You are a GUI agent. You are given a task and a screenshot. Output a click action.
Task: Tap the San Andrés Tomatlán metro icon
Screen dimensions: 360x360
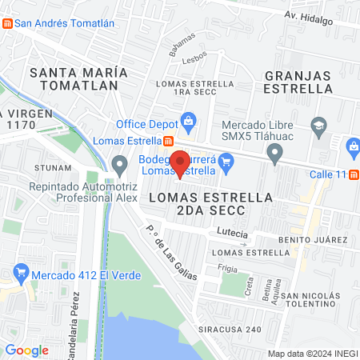tap(8, 23)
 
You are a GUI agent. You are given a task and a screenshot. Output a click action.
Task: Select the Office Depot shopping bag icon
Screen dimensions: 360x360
tap(189, 123)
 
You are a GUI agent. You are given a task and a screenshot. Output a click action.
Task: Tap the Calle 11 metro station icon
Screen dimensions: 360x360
tap(354, 174)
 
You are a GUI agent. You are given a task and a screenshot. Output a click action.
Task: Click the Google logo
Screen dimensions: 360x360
tap(26, 350)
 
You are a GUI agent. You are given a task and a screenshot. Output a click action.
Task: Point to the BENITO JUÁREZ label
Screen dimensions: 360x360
tap(312, 240)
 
